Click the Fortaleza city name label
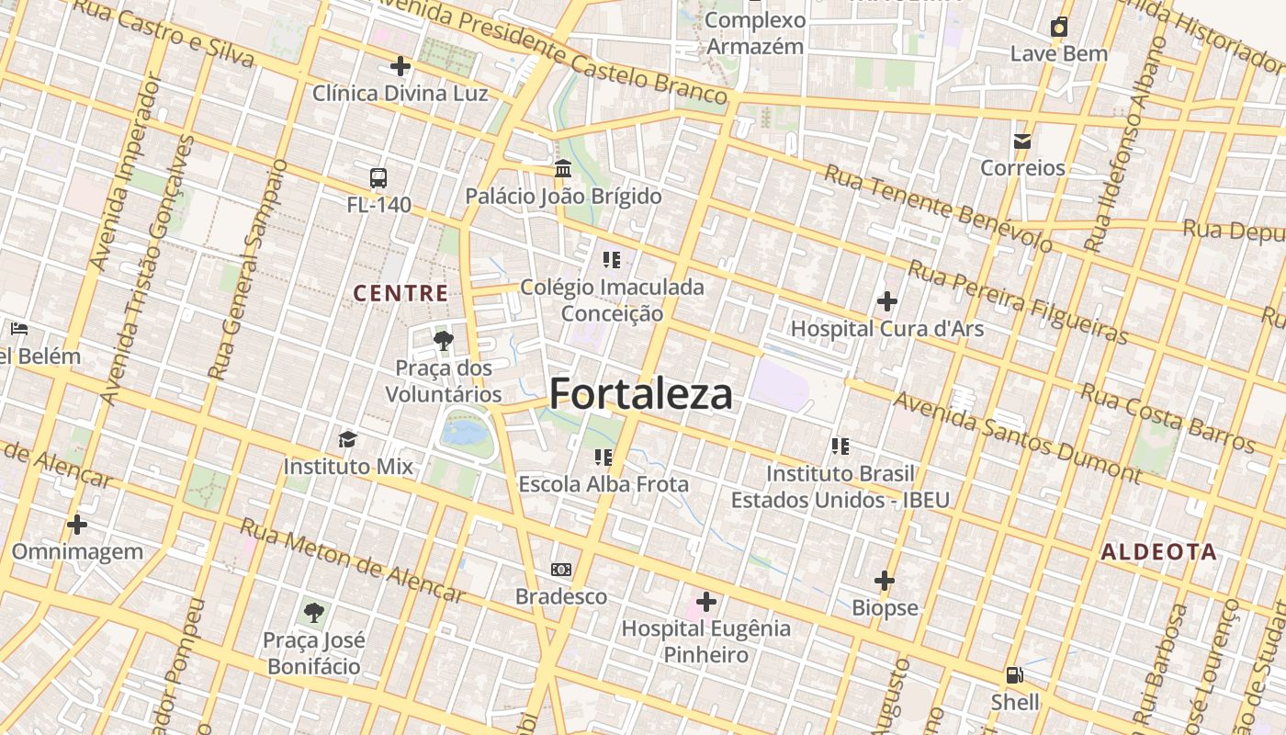point(640,394)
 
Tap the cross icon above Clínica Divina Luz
point(400,66)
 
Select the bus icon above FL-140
point(378,178)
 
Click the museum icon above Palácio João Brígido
point(563,169)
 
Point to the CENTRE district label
point(401,294)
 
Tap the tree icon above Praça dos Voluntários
point(444,342)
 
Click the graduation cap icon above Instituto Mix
point(347,439)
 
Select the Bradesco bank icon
point(560,570)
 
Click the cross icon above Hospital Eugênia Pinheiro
point(705,602)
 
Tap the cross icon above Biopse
point(885,581)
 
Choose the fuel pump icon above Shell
point(1014,675)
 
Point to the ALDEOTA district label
point(1158,552)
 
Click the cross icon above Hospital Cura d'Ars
point(887,301)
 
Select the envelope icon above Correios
point(1021,141)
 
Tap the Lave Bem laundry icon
point(1059,27)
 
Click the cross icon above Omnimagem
point(78,525)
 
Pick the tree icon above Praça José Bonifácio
point(314,612)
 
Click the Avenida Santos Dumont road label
point(1016,437)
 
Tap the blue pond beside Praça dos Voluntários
point(467,432)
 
